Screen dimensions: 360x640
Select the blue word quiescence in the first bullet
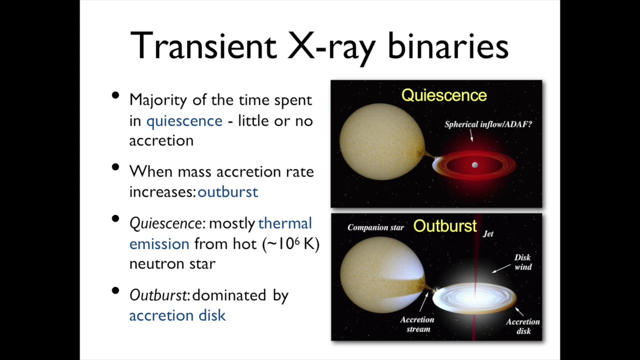tap(184, 121)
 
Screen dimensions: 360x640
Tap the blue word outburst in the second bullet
tap(228, 192)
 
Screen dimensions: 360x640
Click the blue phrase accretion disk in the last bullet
tap(177, 315)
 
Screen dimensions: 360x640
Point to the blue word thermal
tap(285, 223)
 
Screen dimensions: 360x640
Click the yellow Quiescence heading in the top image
tap(444, 95)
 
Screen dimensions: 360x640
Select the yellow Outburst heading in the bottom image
tap(444, 226)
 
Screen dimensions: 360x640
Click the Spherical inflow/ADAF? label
tap(488, 124)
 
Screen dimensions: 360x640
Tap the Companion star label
tap(375, 228)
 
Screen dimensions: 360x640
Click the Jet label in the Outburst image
tap(488, 233)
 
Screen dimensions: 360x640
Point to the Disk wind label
tap(522, 262)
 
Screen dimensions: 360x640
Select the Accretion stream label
tap(417, 324)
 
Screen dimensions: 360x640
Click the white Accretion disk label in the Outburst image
tap(522, 326)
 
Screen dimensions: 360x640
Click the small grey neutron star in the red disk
tap(474, 165)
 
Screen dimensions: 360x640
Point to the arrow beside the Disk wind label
tap(501, 268)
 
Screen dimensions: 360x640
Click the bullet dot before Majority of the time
tap(116, 95)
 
